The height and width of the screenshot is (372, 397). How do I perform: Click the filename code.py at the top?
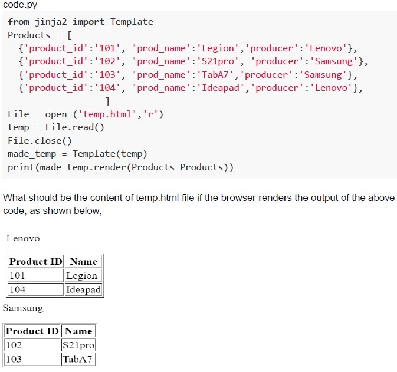point(20,5)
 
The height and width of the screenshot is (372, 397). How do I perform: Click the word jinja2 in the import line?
point(51,22)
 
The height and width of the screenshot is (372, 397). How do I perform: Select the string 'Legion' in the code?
point(218,48)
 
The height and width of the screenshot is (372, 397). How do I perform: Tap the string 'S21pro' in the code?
point(218,61)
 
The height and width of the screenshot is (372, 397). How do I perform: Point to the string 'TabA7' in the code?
point(215,75)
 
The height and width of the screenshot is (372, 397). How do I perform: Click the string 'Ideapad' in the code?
point(220,88)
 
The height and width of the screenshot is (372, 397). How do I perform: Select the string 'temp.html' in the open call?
point(107,114)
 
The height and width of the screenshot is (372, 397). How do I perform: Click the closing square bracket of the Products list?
point(107,101)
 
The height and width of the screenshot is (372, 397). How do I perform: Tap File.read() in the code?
point(75,127)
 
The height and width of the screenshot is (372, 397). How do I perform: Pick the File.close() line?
point(40,140)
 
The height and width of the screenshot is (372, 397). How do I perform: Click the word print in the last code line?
point(21,167)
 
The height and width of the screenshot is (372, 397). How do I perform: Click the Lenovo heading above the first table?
point(23,238)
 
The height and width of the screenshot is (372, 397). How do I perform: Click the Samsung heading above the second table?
point(23,308)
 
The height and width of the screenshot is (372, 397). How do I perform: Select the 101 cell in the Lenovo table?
point(35,275)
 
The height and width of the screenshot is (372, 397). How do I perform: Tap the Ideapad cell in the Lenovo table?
point(84,289)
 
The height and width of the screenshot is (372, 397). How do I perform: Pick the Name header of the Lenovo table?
point(84,261)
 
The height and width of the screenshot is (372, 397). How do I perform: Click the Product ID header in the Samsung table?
point(32,331)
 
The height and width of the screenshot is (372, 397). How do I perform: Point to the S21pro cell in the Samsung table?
point(78,345)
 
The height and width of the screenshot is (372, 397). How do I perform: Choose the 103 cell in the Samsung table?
point(32,359)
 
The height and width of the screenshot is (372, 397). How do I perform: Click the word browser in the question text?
point(238,197)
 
